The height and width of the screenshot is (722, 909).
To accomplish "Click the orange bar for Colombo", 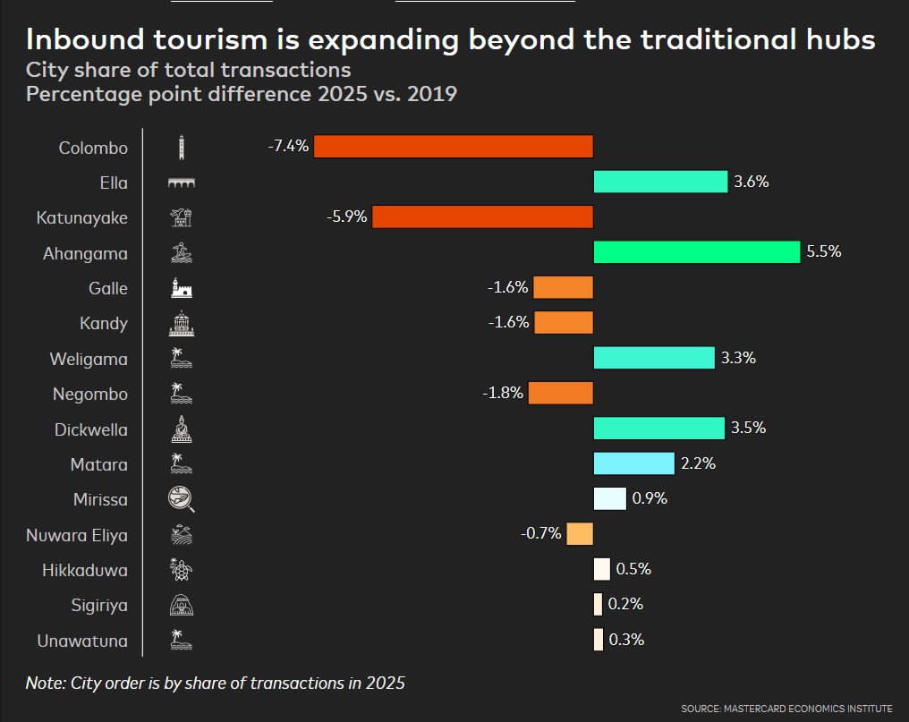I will click(453, 147).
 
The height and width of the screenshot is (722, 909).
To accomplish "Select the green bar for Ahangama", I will click(696, 253).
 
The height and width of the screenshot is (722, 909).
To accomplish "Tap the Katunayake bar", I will click(482, 217).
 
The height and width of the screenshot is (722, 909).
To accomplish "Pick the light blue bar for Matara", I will click(633, 463).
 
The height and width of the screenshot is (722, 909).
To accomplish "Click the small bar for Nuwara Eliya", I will click(580, 534).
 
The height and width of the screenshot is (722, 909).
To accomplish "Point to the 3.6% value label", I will click(752, 183).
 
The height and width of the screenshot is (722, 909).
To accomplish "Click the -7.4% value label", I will click(288, 147).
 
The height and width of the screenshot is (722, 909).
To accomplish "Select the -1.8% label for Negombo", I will click(503, 394).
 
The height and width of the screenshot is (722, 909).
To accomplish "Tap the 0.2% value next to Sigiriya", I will click(625, 605).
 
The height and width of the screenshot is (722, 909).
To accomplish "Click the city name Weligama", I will click(89, 359).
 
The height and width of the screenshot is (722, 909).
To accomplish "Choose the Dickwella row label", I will click(90, 429).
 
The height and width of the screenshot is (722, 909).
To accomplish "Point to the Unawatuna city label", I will click(82, 641).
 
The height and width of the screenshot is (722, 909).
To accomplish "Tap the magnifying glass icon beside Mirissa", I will click(181, 499).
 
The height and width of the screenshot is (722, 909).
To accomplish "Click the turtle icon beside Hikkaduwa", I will click(181, 570).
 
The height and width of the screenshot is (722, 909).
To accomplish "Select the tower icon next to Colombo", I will click(181, 148).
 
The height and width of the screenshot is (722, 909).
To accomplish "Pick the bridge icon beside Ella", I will click(181, 183).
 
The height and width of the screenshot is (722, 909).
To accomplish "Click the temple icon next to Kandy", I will click(181, 324).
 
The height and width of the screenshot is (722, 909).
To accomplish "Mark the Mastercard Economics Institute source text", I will click(786, 709).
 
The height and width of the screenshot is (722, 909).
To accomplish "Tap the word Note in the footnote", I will click(44, 684).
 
